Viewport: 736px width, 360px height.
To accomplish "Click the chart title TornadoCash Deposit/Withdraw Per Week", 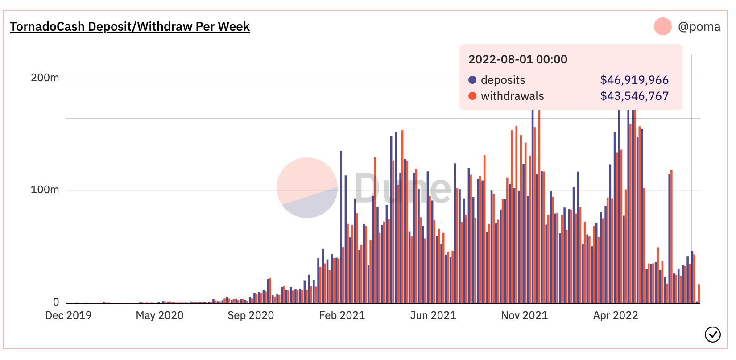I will coord(130,27).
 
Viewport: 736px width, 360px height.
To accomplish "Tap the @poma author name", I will coord(699,27).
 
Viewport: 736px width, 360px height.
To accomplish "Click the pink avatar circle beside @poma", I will coord(663,26).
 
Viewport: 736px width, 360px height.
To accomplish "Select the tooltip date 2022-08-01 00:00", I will coord(518,59).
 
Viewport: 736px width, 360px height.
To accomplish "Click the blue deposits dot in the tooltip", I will coord(472,80).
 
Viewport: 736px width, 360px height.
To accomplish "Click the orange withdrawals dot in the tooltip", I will coord(472,96).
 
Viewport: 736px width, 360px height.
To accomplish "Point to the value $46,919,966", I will coord(634,80).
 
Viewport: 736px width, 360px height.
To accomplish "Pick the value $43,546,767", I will coord(634,96).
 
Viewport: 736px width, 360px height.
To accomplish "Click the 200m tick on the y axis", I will coord(45,78).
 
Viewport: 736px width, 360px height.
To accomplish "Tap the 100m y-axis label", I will coord(45,190).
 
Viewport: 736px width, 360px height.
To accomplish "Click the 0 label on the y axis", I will coord(56,302).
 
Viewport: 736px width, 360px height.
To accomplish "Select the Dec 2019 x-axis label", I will coord(68,315).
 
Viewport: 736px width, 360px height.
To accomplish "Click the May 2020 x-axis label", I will coord(160,315).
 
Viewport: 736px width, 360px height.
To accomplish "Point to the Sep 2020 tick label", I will coord(251,315).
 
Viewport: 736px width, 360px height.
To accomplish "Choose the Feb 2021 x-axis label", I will coord(342,315).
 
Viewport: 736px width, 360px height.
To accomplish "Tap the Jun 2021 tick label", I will coord(433,315).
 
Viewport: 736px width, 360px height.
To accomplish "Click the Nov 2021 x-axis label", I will coord(525,315).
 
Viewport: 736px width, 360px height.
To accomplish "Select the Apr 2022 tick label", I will coord(616,315).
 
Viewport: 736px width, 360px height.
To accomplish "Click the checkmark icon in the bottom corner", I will coord(713,334).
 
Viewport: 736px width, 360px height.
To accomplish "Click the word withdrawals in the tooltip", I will coord(512,96).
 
